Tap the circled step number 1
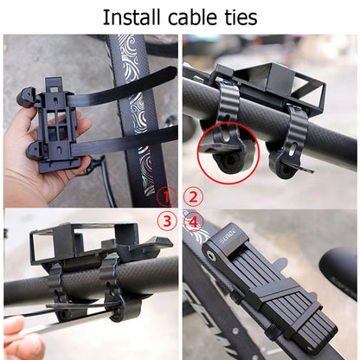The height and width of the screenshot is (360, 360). click(168, 196)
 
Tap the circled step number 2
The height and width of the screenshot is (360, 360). click(194, 196)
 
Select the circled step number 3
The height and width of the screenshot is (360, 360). click(168, 221)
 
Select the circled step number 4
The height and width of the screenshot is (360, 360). click(194, 221)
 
